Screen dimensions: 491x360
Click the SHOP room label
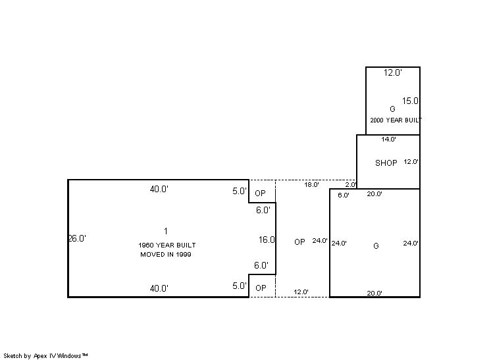click(x=386, y=163)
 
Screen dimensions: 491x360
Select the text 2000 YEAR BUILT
click(x=396, y=120)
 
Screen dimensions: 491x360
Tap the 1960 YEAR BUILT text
click(x=167, y=245)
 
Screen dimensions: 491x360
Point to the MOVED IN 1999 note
click(x=166, y=255)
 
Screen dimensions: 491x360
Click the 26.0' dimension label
click(x=77, y=238)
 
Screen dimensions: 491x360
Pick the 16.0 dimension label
click(x=267, y=240)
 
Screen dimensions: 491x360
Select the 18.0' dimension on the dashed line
click(x=311, y=185)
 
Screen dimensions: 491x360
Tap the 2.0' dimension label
click(x=351, y=185)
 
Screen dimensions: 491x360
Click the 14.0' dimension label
click(x=388, y=140)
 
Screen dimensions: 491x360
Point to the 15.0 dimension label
click(x=410, y=101)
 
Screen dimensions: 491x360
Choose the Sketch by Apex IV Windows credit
click(x=45, y=356)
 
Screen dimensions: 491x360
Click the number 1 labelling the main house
click(x=166, y=232)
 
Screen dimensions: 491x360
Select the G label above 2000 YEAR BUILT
click(x=392, y=109)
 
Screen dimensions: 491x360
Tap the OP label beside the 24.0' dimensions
click(x=299, y=242)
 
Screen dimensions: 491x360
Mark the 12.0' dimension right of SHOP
click(x=411, y=162)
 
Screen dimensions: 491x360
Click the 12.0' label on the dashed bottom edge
click(x=301, y=292)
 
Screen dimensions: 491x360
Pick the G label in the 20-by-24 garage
click(x=376, y=246)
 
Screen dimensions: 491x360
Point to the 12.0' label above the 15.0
click(x=393, y=72)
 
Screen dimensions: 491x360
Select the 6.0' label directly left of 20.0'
click(x=344, y=195)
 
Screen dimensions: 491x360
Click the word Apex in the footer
click(x=39, y=356)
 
